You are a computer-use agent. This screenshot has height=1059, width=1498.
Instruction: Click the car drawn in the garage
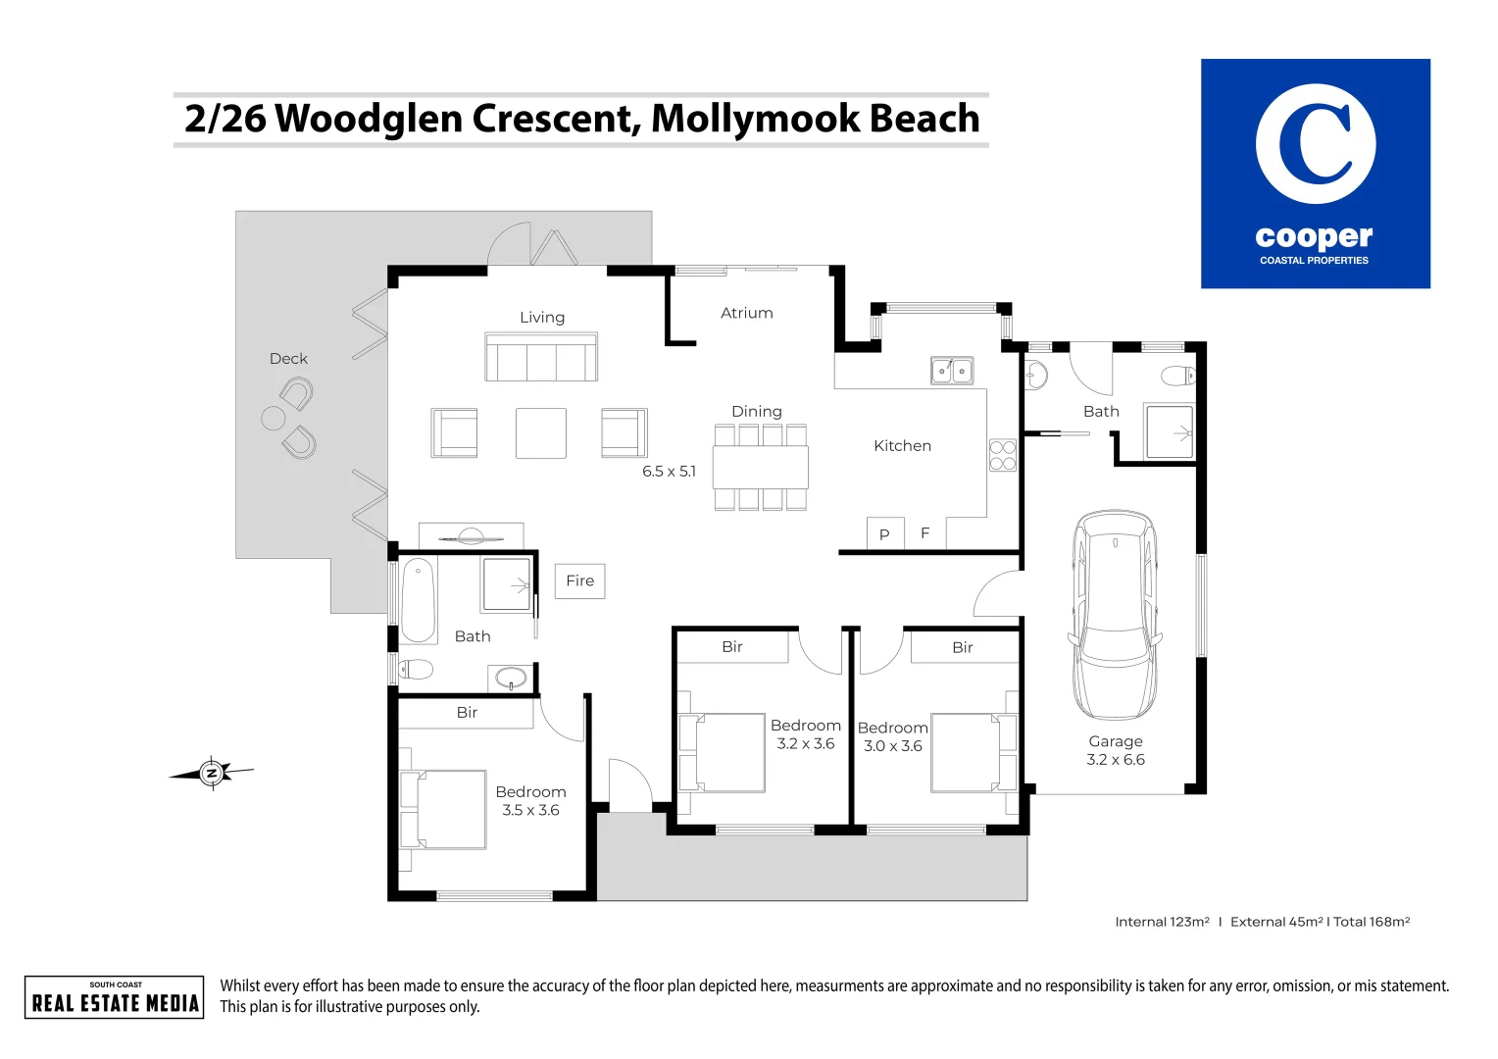1116,615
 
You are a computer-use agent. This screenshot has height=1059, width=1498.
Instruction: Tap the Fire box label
579,581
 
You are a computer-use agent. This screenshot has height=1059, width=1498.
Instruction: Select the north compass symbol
212,773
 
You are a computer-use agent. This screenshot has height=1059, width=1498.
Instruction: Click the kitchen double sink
951,371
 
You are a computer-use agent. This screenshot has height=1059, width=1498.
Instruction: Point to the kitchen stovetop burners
1002,455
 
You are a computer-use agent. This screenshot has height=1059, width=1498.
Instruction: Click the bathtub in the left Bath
419,600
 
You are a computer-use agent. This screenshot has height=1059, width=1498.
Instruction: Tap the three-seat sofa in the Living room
541,357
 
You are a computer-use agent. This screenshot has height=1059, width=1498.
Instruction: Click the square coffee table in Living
541,433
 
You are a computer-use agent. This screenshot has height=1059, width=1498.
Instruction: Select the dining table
761,467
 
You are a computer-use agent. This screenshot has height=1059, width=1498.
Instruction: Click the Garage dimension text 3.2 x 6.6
1116,760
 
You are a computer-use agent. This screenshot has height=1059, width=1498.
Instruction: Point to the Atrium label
747,313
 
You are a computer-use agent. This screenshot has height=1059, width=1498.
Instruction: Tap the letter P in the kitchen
884,535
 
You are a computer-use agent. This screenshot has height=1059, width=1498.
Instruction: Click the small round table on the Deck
274,419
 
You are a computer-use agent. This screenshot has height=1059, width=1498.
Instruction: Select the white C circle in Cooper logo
1316,144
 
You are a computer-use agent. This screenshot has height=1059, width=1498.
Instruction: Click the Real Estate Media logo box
115,997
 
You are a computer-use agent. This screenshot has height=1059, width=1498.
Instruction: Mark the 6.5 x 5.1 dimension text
669,472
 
